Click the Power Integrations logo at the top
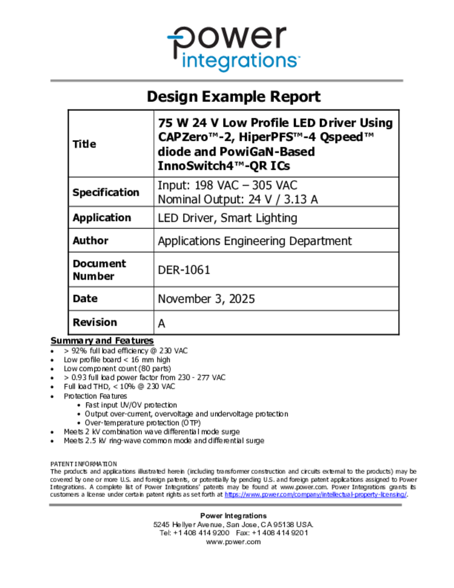click(233, 48)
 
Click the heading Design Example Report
click(233, 96)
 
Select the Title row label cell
click(84, 144)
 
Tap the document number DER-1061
click(184, 270)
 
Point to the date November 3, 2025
click(206, 299)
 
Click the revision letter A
click(162, 323)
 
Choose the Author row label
click(90, 241)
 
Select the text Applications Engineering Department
click(255, 241)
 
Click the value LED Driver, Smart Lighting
click(227, 218)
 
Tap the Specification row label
click(106, 192)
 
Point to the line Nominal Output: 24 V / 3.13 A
click(238, 199)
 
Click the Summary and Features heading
click(102, 341)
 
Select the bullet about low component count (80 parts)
click(117, 368)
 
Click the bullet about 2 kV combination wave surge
click(152, 431)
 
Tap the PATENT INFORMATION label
click(84, 463)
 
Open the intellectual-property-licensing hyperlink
click(316, 494)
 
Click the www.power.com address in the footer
click(233, 541)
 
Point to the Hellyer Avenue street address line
click(233, 524)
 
